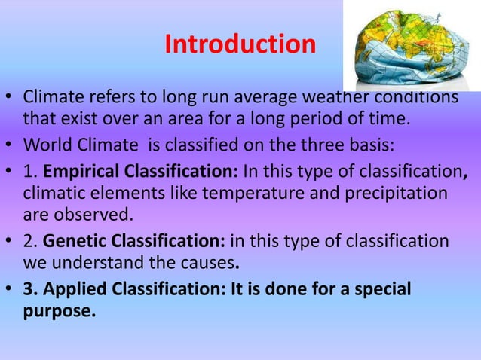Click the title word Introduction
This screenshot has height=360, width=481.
point(240,44)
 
